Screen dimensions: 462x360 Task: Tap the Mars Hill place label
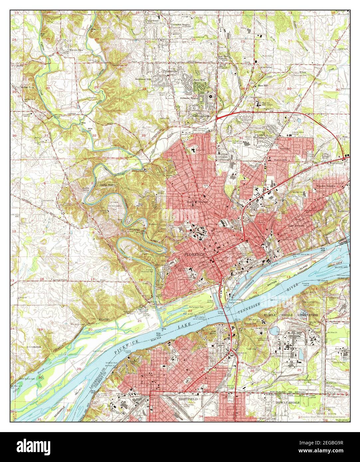coord(263,85)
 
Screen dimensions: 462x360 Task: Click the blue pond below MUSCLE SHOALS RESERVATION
coord(274,330)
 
